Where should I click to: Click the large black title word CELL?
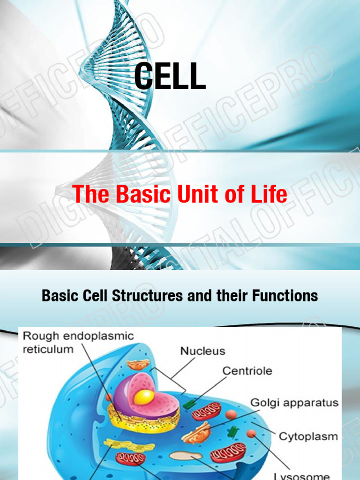click(170, 77)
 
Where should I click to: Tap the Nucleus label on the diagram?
click(202, 351)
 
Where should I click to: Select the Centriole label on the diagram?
click(247, 371)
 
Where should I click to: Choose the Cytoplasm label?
click(308, 436)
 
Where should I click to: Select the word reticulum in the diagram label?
click(48, 349)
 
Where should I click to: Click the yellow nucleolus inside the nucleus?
click(144, 397)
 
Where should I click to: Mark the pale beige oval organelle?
click(186, 455)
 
